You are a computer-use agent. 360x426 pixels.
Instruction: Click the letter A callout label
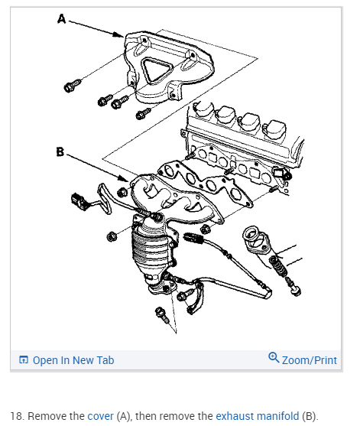pos(62,19)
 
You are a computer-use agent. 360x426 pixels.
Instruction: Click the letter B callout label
pos(60,151)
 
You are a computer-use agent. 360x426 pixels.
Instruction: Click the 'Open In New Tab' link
pos(73,360)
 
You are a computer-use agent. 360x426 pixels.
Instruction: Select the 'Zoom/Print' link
pos(310,360)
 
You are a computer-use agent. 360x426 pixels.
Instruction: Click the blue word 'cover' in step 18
pos(100,416)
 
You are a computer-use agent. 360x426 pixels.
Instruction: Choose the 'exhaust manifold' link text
pos(257,416)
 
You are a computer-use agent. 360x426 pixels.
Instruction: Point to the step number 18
pos(16,416)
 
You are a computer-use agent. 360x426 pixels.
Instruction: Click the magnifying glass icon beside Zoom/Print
pos(274,357)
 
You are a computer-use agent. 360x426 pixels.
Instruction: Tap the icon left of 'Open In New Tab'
pos(24,359)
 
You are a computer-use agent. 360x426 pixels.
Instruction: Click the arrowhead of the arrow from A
pos(119,34)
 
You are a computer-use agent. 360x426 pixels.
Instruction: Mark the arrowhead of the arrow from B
pos(123,178)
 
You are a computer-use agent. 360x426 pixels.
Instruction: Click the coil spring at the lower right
pos(278,265)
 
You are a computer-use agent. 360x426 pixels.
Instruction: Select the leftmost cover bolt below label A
pos(72,85)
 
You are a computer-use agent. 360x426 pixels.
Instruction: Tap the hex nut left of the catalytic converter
pos(112,236)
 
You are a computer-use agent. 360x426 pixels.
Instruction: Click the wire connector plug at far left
pos(79,201)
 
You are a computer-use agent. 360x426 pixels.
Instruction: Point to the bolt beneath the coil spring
pos(293,285)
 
